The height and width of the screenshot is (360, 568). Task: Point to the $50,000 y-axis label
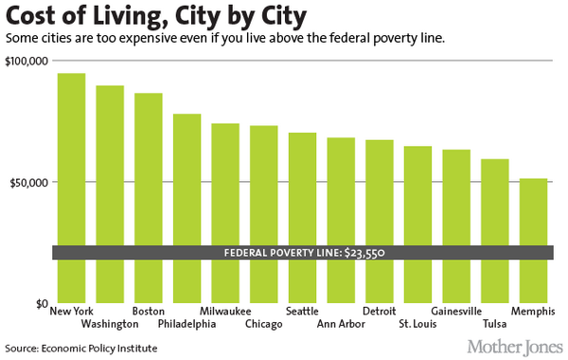point(27,182)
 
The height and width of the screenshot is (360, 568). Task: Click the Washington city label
point(110,324)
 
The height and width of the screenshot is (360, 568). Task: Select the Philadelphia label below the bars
point(186,324)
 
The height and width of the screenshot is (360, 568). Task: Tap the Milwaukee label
point(225,311)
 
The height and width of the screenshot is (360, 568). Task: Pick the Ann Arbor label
point(340,324)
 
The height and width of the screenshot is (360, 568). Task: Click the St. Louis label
point(417,324)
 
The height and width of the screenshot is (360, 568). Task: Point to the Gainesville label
point(456,311)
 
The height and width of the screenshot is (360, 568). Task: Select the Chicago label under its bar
point(263,324)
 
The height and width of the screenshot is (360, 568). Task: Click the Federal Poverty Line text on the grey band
point(303,253)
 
